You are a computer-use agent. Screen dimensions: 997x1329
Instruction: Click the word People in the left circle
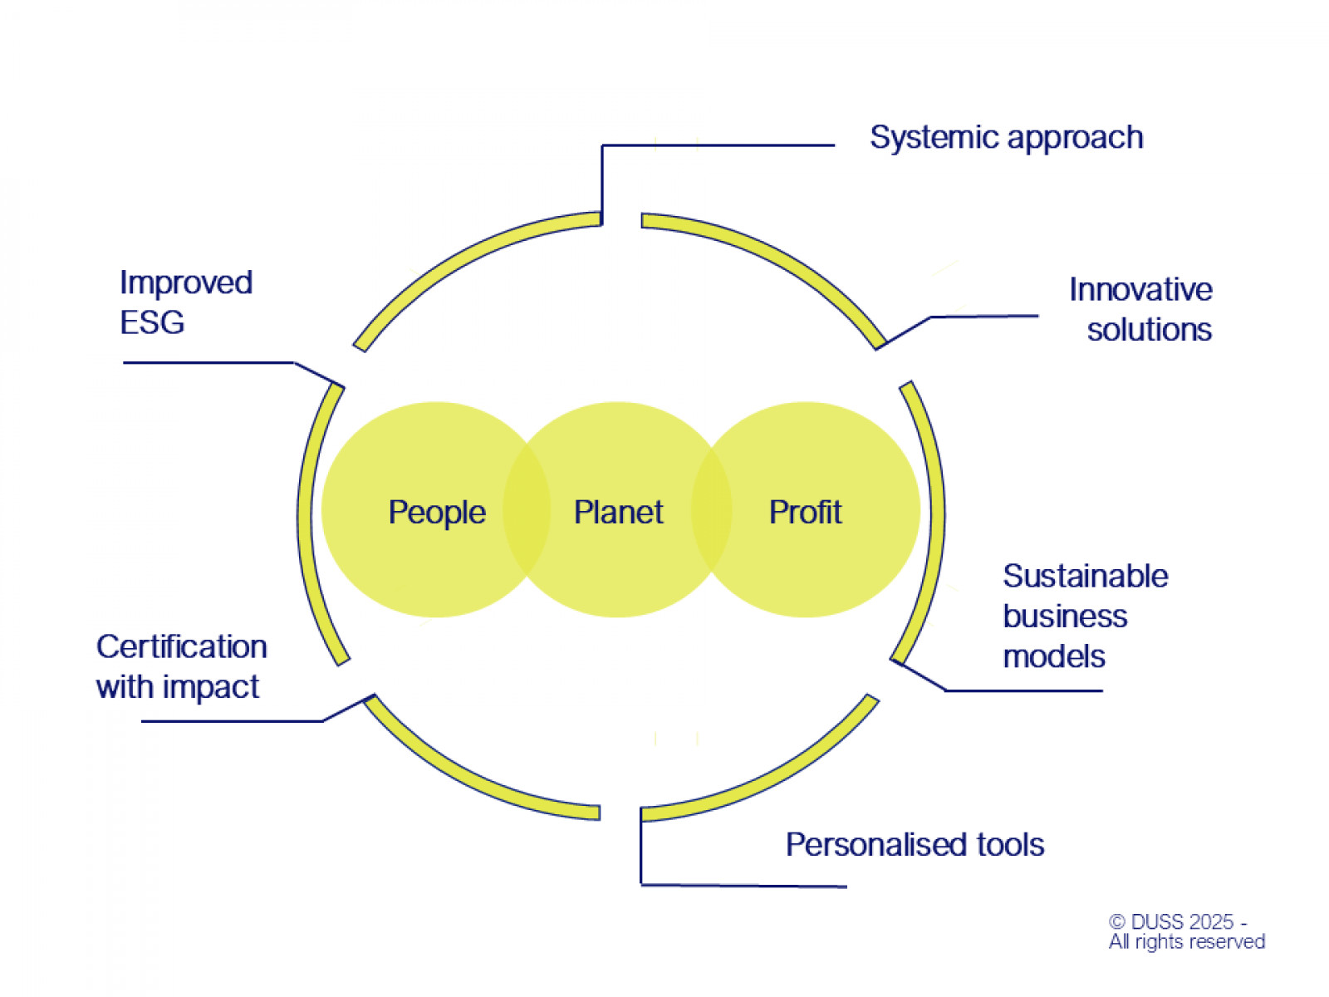click(437, 512)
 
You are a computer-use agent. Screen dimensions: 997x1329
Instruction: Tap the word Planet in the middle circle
click(618, 512)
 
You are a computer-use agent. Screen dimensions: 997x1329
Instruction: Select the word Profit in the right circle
click(805, 512)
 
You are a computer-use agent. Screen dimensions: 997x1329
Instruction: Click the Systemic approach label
click(1006, 138)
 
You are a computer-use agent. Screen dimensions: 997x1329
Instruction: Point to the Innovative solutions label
click(1140, 309)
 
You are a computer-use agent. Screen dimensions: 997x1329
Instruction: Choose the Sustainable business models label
click(1085, 616)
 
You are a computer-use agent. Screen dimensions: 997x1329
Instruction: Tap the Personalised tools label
click(915, 844)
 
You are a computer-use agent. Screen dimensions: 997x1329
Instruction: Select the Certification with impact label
click(181, 666)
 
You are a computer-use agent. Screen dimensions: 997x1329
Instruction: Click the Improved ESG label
click(185, 302)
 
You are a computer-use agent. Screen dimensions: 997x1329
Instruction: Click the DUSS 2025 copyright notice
click(1186, 931)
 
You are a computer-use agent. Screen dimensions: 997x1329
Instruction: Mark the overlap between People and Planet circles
click(527, 510)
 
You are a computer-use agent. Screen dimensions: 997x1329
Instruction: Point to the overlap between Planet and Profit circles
click(711, 510)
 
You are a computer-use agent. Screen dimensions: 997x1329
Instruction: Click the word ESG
click(152, 322)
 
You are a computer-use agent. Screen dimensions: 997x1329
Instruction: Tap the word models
click(1053, 656)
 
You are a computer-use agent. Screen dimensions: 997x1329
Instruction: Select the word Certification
click(181, 646)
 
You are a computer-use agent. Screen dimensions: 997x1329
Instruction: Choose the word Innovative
click(1140, 289)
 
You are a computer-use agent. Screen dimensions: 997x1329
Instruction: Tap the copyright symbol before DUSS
click(1117, 922)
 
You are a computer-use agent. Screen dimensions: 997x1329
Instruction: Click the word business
click(1065, 616)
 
